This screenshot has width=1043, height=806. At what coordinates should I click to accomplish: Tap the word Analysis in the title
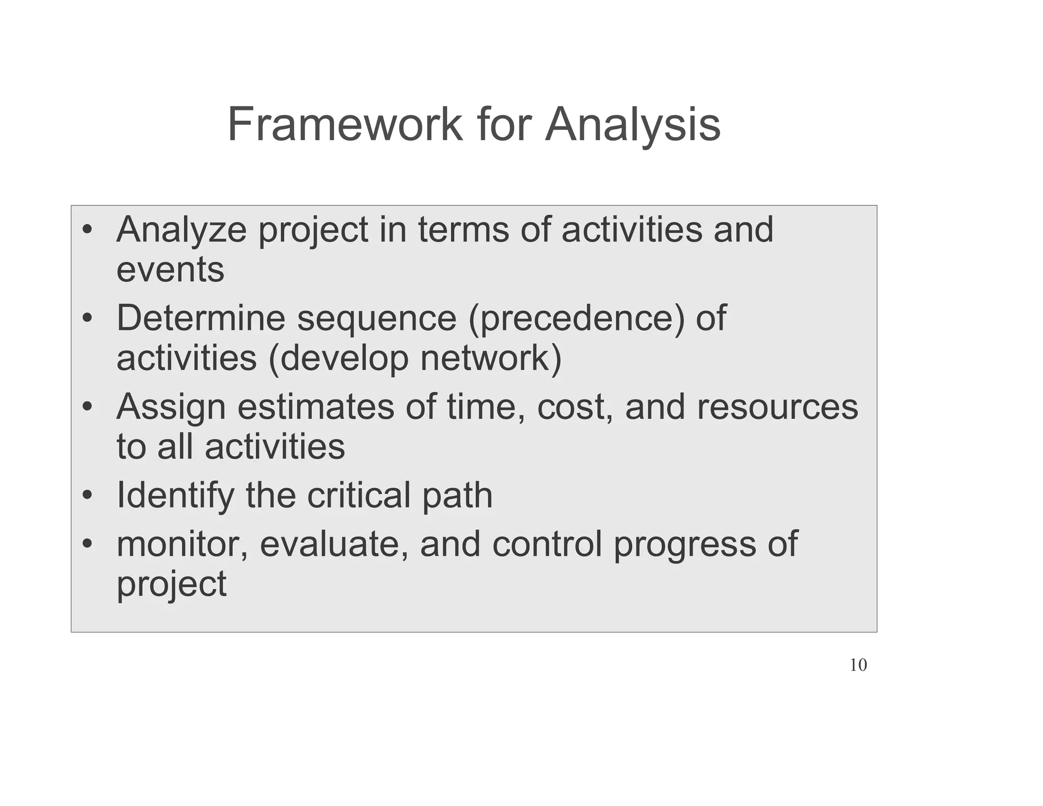(633, 125)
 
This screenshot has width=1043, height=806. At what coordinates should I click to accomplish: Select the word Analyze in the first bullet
(181, 230)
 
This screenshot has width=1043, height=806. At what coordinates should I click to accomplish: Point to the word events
(170, 270)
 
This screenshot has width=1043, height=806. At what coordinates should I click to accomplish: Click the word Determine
(201, 318)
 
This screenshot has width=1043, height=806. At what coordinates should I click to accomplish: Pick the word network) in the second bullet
(491, 359)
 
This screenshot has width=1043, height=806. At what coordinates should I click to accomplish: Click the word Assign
(171, 408)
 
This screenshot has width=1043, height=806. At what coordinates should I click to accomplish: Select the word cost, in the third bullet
(575, 408)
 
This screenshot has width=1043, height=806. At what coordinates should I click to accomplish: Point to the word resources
(777, 408)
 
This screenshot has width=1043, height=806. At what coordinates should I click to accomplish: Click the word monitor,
(182, 544)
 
